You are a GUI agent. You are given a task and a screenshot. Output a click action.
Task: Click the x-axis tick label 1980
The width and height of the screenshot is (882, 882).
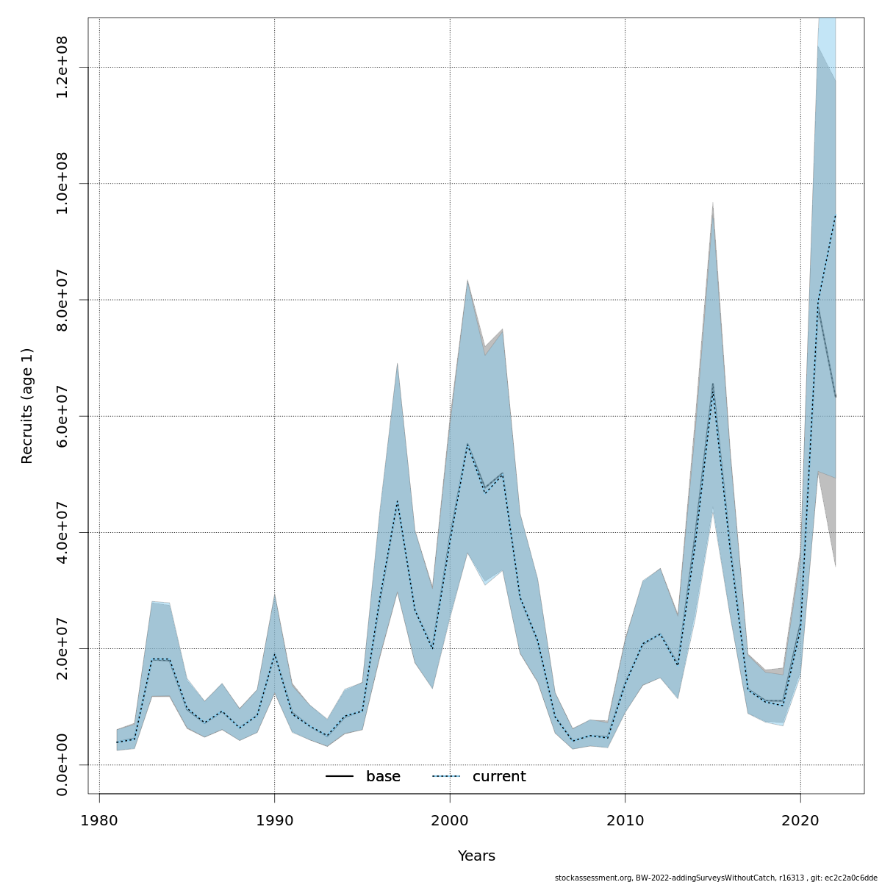click(x=99, y=820)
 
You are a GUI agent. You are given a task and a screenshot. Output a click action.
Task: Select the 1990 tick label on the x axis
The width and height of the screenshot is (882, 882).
click(x=274, y=820)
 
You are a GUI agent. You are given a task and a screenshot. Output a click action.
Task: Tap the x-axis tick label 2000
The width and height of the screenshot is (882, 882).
click(x=450, y=820)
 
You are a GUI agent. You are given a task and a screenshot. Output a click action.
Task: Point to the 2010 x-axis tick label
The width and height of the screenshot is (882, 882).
click(x=625, y=820)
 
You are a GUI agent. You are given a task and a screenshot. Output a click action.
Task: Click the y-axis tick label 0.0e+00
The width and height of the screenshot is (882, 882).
click(x=62, y=764)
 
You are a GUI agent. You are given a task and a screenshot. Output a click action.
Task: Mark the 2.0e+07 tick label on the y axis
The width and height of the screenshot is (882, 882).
click(x=62, y=648)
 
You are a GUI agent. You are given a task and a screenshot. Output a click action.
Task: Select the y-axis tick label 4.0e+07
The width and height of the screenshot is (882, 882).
click(x=62, y=532)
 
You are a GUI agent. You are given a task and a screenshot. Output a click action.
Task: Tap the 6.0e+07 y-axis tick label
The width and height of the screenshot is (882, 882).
click(x=62, y=416)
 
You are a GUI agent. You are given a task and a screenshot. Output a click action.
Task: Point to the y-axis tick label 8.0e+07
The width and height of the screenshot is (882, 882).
click(x=62, y=300)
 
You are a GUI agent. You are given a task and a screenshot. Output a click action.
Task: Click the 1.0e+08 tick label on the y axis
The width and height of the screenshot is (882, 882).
click(x=62, y=183)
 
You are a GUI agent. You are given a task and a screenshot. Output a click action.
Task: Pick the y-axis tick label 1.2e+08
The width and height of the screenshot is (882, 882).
click(x=62, y=67)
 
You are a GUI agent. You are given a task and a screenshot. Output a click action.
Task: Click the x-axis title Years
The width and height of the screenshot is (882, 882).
click(x=476, y=856)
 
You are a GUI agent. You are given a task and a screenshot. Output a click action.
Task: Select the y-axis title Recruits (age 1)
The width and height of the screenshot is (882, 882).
click(x=27, y=406)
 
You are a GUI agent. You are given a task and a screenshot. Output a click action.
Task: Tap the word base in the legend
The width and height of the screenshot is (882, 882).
click(x=383, y=777)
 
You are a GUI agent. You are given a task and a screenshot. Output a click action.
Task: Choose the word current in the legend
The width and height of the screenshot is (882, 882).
click(x=499, y=777)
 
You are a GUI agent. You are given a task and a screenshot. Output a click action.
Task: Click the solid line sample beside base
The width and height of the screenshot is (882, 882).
click(x=340, y=777)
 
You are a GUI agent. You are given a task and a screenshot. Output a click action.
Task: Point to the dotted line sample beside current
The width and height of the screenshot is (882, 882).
click(x=446, y=777)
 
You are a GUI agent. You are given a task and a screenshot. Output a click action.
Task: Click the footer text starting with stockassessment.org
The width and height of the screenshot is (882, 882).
click(x=716, y=877)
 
